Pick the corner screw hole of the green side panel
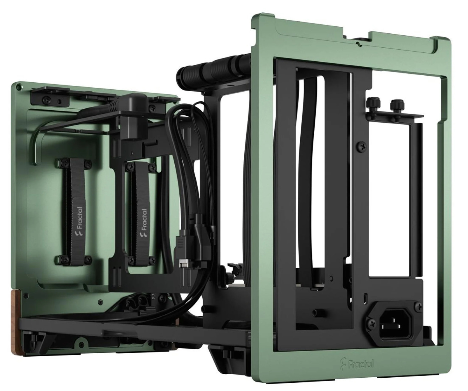pyautogui.click(x=18, y=86)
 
